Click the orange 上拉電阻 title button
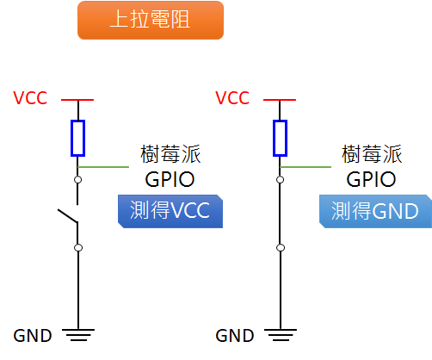[x=151, y=20]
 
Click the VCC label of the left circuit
[x=31, y=97]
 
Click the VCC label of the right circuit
[x=232, y=97]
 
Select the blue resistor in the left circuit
[x=78, y=138]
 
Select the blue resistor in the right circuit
[x=281, y=138]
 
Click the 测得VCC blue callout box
[x=170, y=211]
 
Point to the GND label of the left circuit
[x=33, y=336]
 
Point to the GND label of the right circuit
[x=234, y=336]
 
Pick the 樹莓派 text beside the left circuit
[x=170, y=155]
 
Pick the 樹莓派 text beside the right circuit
[x=372, y=155]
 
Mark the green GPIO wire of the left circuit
[x=108, y=165]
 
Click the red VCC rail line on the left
[x=78, y=99]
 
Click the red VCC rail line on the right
[x=281, y=99]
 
